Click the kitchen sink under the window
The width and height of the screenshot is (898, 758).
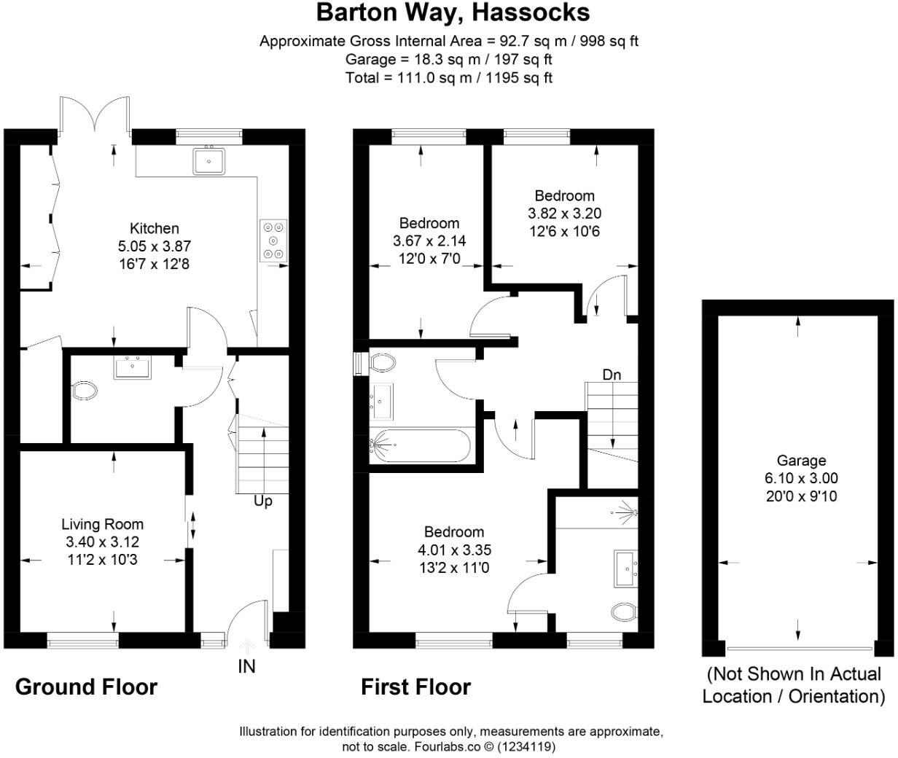[209, 161]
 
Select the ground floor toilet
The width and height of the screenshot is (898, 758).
[85, 391]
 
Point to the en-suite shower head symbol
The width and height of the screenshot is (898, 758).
[625, 510]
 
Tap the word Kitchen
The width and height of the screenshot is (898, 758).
[154, 228]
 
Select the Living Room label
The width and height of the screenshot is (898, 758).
[102, 524]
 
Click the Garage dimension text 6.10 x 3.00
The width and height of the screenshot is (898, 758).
[801, 479]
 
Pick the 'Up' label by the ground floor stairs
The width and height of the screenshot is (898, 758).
[262, 501]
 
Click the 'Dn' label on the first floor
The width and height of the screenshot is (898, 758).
[612, 375]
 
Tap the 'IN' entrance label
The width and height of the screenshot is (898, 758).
[246, 665]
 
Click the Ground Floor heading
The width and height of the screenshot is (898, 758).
[86, 687]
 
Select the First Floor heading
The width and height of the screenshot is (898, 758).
[415, 687]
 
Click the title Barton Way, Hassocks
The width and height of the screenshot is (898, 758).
[453, 12]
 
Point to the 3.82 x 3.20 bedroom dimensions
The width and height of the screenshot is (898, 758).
[564, 214]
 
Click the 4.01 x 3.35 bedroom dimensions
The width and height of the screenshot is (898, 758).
[453, 550]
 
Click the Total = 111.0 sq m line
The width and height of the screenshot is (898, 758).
[448, 77]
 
